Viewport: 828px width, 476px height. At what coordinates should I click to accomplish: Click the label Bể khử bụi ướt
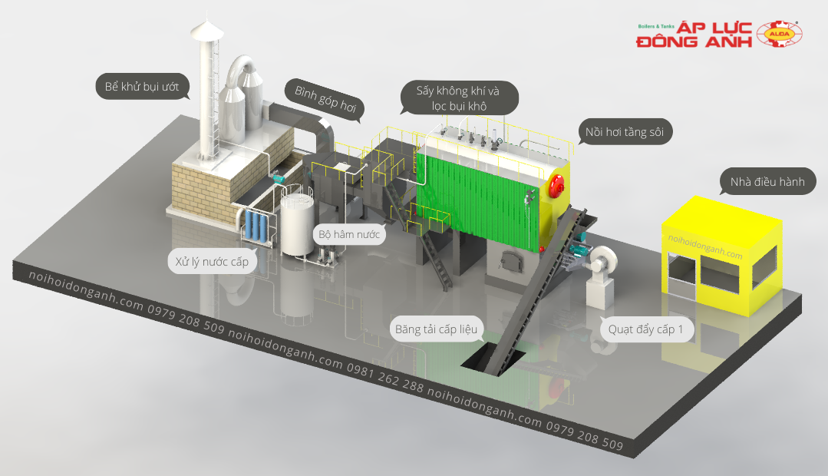pyautogui.click(x=142, y=86)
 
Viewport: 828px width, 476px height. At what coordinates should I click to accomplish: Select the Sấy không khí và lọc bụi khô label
pyautogui.click(x=458, y=98)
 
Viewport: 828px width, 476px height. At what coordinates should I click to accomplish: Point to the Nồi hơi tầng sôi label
pyautogui.click(x=625, y=131)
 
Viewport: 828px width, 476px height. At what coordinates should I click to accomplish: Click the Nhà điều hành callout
pyautogui.click(x=768, y=182)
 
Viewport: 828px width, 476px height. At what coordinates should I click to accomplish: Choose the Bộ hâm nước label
pyautogui.click(x=349, y=234)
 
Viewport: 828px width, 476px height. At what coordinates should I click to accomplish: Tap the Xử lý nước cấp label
pyautogui.click(x=212, y=262)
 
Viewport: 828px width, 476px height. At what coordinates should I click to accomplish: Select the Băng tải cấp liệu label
pyautogui.click(x=436, y=329)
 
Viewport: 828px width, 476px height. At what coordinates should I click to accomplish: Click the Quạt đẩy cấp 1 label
pyautogui.click(x=646, y=329)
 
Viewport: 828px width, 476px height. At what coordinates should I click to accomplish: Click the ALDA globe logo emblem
pyautogui.click(x=779, y=35)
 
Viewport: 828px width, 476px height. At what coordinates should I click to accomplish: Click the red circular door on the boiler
pyautogui.click(x=557, y=185)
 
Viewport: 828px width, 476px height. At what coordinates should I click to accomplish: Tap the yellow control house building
pyautogui.click(x=721, y=256)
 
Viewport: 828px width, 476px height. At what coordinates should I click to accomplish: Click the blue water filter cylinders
pyautogui.click(x=256, y=226)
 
